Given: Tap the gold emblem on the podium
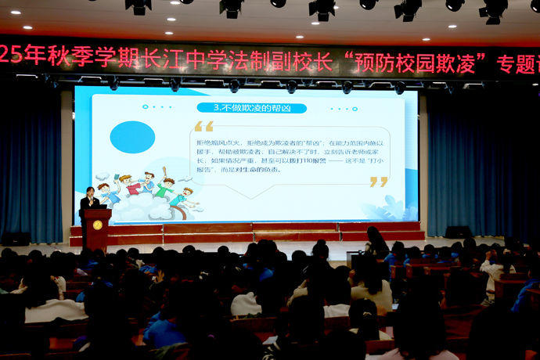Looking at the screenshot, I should tap(97, 225).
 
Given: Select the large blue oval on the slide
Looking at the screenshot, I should tap(132, 137).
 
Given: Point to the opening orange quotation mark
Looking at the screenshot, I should tap(203, 126).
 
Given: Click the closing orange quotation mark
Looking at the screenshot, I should tap(379, 182).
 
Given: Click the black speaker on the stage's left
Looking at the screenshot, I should tap(16, 239).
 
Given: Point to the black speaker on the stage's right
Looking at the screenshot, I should tap(458, 232).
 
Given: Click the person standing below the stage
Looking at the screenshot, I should tap(376, 241).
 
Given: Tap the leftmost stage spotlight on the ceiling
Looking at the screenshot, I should tap(139, 5).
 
